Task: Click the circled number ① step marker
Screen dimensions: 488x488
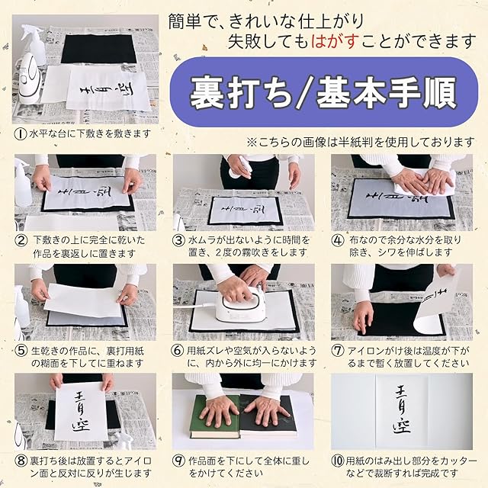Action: pos(21,134)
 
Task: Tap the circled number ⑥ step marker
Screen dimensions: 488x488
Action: pos(177,351)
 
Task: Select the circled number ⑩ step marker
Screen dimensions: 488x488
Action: pos(338,461)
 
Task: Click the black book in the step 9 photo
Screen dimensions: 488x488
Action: pos(268,415)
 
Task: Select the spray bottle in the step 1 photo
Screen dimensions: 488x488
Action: pos(34,45)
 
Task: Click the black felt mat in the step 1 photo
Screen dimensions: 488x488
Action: pos(98,49)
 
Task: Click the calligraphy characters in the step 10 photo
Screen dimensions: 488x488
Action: pos(402,409)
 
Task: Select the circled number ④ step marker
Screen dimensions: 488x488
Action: pos(338,241)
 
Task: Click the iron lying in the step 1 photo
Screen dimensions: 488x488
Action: pos(29,75)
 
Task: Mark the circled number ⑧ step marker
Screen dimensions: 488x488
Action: pos(21,461)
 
